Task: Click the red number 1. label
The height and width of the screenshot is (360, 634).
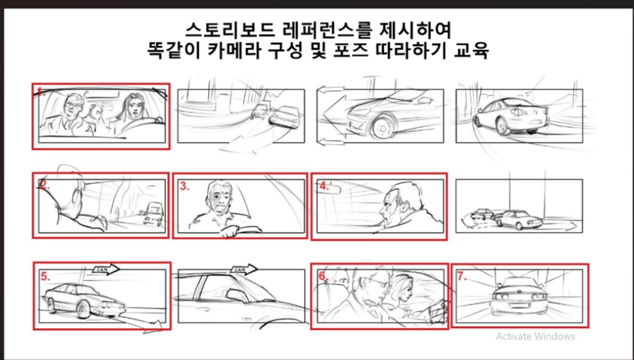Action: [40, 90]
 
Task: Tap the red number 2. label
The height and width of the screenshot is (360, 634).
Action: [44, 184]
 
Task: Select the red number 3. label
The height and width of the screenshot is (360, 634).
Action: [185, 186]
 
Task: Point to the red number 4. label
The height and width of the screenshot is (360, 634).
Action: [324, 186]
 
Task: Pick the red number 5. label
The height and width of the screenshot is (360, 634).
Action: [45, 276]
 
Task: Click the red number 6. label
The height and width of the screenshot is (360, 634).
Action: [323, 276]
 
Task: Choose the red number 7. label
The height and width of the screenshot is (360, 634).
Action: [462, 276]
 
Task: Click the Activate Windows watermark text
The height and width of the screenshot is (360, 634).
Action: [535, 336]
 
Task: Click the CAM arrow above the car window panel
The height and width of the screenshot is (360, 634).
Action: [244, 269]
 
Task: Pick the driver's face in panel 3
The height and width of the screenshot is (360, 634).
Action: [218, 199]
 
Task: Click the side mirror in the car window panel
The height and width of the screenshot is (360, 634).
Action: [237, 295]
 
